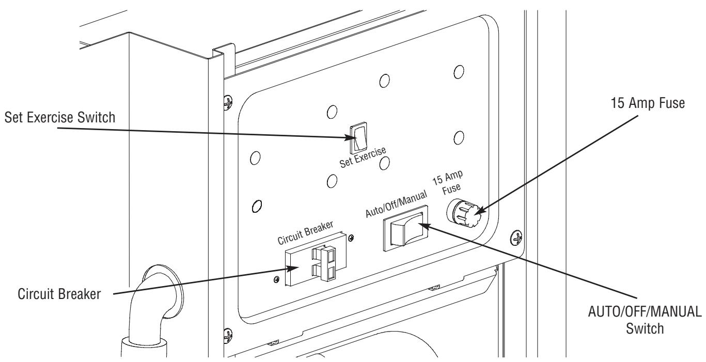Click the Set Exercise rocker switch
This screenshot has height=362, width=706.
click(x=358, y=137)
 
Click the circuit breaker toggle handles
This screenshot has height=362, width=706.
click(x=324, y=264)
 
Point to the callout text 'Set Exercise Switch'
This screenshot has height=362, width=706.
click(x=60, y=118)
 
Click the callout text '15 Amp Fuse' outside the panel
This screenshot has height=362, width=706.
click(x=648, y=103)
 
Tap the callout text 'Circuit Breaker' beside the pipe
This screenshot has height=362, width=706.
click(x=59, y=294)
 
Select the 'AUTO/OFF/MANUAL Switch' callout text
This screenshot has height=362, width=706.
click(x=645, y=320)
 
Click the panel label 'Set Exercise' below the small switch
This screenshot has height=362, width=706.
click(x=363, y=157)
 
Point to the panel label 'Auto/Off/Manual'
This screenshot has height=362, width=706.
click(x=396, y=204)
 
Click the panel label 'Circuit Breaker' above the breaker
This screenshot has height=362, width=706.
click(x=305, y=232)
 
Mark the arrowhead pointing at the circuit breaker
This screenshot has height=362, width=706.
click(x=292, y=268)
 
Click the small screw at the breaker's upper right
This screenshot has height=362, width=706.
click(x=351, y=238)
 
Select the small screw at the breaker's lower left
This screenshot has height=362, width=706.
click(x=277, y=279)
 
